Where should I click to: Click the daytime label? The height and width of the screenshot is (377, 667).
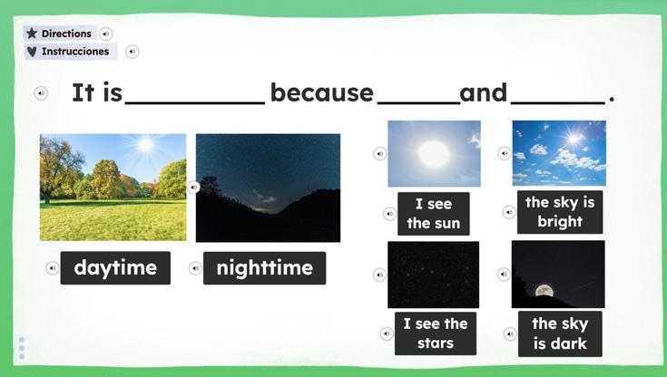115,267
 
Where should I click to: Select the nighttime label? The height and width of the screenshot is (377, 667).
265,268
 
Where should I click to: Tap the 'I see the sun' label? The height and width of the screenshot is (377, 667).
434,213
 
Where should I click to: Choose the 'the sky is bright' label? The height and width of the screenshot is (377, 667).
560,212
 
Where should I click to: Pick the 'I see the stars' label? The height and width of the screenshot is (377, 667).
436,333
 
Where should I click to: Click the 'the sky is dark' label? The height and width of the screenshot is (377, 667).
560,333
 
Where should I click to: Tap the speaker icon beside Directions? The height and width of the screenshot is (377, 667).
106,34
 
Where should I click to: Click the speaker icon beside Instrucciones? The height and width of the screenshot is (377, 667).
132,52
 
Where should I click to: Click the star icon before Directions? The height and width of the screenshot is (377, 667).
32,34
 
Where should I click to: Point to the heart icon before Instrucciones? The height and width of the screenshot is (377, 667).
32,52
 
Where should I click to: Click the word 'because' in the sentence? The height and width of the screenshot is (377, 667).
321,92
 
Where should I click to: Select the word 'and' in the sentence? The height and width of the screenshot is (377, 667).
483,92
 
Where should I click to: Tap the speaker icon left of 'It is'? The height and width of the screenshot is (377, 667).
41,93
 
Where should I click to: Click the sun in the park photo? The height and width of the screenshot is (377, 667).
145,144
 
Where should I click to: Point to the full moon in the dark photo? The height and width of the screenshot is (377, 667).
544,291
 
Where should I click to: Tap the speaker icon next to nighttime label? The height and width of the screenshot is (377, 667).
195,268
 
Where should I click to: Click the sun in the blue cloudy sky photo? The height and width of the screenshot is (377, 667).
574,139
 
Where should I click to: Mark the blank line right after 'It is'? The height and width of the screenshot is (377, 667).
195,102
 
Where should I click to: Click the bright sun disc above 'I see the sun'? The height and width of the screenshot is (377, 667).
434,153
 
